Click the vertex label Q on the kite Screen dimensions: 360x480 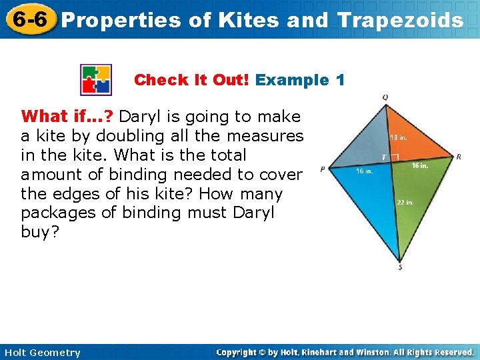pyautogui.click(x=385, y=97)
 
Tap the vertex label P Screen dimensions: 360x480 pyautogui.click(x=323, y=169)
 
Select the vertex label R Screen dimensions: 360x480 pyautogui.click(x=459, y=157)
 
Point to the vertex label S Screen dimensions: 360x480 pyautogui.click(x=400, y=268)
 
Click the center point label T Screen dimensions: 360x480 pyautogui.click(x=384, y=157)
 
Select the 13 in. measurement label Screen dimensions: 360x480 pyautogui.click(x=399, y=138)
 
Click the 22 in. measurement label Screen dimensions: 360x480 pyautogui.click(x=405, y=202)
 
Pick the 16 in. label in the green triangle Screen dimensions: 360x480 pyautogui.click(x=420, y=165)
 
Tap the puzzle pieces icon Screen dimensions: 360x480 pyautogui.click(x=96, y=80)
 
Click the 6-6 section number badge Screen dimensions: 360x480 pyautogui.click(x=29, y=19)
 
